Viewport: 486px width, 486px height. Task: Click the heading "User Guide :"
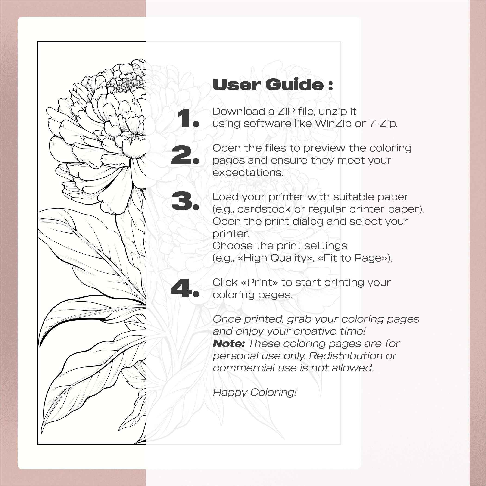273,84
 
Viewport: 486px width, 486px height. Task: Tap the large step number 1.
187,118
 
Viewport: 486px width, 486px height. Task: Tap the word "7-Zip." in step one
383,124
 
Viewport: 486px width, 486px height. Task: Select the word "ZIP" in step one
286,112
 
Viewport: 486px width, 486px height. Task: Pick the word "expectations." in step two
248,173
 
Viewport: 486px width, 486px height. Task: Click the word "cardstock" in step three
264,209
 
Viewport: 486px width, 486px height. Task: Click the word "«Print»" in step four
259,283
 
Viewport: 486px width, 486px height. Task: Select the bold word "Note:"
229,344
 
